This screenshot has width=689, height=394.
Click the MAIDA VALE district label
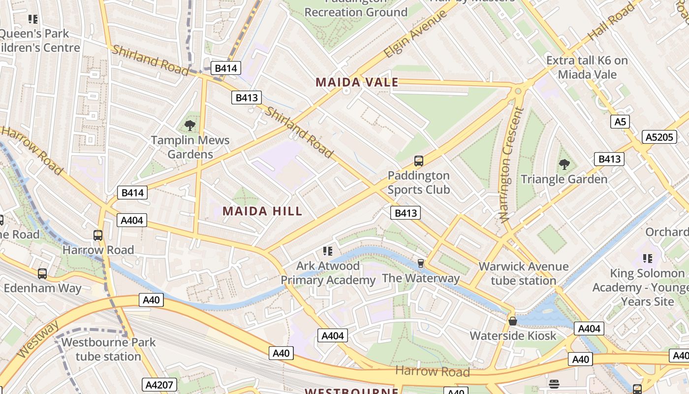tap(357, 82)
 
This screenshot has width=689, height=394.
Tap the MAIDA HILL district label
tap(262, 211)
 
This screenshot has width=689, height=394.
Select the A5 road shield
tap(620, 121)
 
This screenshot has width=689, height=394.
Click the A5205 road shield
tap(659, 137)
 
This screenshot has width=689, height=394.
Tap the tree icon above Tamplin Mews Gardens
tap(190, 126)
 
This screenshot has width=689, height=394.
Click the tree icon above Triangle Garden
tap(564, 164)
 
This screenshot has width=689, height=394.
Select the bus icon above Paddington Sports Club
tap(418, 161)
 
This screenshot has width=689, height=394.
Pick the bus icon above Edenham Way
tap(42, 273)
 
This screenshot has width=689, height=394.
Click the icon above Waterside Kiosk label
tap(513, 321)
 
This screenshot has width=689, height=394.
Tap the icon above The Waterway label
tap(420, 263)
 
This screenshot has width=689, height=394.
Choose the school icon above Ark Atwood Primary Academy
tap(328, 251)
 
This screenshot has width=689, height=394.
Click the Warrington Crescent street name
tap(511, 165)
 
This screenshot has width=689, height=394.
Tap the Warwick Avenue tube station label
tap(524, 273)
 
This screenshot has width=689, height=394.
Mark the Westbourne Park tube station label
tap(108, 349)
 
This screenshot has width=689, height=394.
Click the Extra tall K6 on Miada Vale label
tap(587, 67)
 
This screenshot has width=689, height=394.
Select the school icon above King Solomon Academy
tap(648, 258)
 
